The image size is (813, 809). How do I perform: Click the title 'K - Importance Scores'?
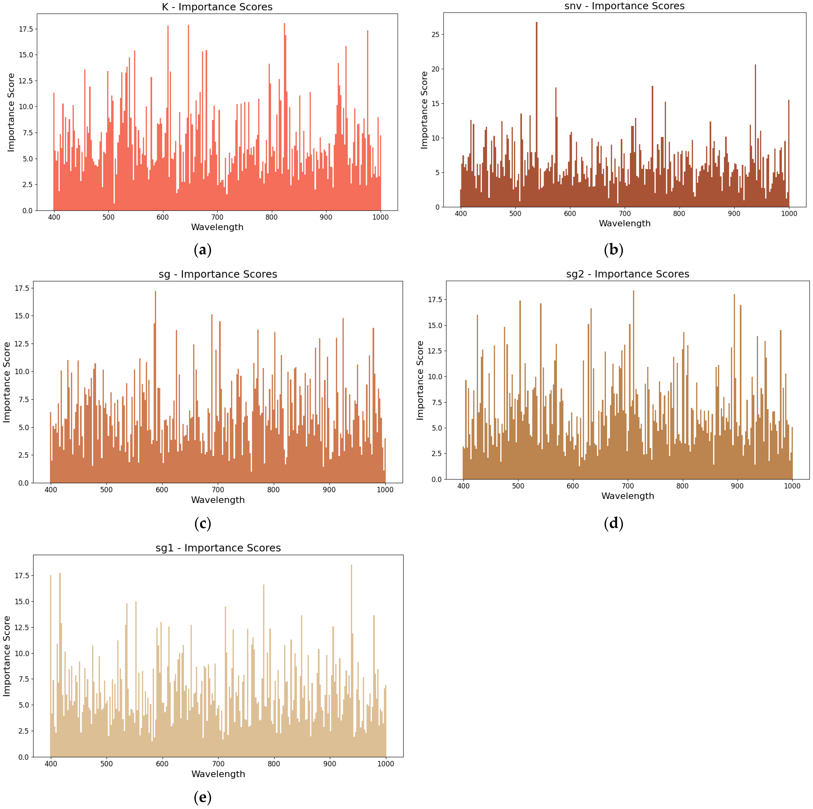coord(217,7)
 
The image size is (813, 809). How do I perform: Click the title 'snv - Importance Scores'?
coord(624,6)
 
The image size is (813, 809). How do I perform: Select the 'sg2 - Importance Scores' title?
coord(627,274)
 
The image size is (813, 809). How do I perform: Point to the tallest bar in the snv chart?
coord(537,114)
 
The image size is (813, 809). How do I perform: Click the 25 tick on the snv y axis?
coord(435,35)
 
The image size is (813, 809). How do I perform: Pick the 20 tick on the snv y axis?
coord(435,69)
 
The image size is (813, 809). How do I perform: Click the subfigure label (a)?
coord(202,250)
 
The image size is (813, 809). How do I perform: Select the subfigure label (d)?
coord(613,523)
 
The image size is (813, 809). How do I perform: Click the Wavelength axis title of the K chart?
coord(217,227)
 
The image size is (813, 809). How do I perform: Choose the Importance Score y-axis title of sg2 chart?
coord(420,380)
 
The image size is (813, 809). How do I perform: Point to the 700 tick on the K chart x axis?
coord(217,217)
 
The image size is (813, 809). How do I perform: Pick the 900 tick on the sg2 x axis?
coord(737,486)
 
